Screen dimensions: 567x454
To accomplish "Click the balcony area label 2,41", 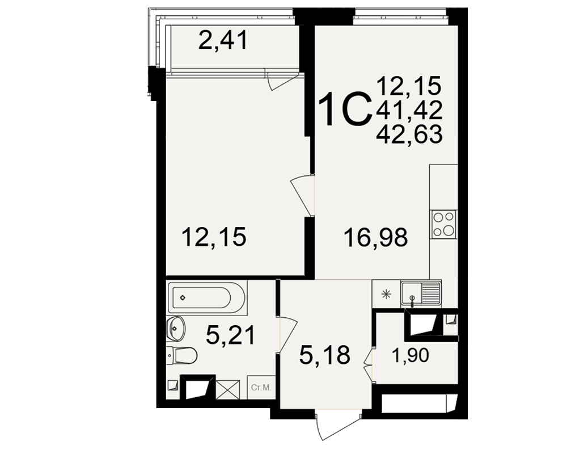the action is pos(223,40).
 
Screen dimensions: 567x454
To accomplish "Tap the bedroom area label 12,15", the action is pos(215,237).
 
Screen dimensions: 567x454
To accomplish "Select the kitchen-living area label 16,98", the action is pos(376,238).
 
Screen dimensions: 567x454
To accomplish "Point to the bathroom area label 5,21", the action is pos(231,335).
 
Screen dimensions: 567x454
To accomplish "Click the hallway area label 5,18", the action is pos(325,355).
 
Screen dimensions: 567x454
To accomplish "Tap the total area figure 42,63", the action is pos(409,134).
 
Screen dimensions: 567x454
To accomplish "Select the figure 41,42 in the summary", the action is pos(409,110).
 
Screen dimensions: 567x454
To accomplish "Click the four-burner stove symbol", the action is pos(444,224).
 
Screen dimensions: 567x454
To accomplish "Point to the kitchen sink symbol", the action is pos(421,294).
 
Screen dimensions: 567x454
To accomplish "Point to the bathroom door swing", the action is pos(288,334).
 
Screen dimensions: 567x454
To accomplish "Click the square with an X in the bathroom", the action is pos(228,390).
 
